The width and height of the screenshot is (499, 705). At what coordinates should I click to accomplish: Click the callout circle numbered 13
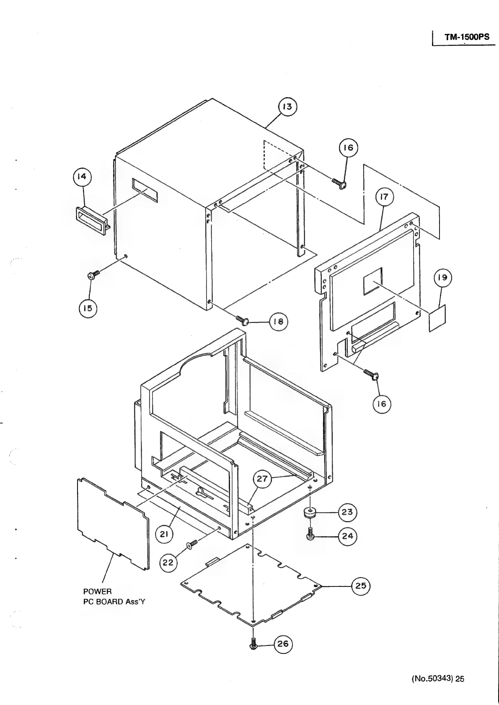287,107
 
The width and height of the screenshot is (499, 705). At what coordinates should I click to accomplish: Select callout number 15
88,308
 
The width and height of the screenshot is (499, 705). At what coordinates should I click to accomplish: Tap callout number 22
168,563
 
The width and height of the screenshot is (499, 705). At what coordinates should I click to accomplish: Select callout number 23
347,512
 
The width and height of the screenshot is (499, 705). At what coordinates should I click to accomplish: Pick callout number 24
347,536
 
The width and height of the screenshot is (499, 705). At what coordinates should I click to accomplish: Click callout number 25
360,586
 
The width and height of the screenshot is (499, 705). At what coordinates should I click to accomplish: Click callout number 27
262,479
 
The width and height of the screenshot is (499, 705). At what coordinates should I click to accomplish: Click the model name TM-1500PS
467,37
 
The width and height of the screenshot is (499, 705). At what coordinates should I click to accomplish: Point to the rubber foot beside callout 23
310,513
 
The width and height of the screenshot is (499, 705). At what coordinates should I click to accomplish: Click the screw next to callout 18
243,320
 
